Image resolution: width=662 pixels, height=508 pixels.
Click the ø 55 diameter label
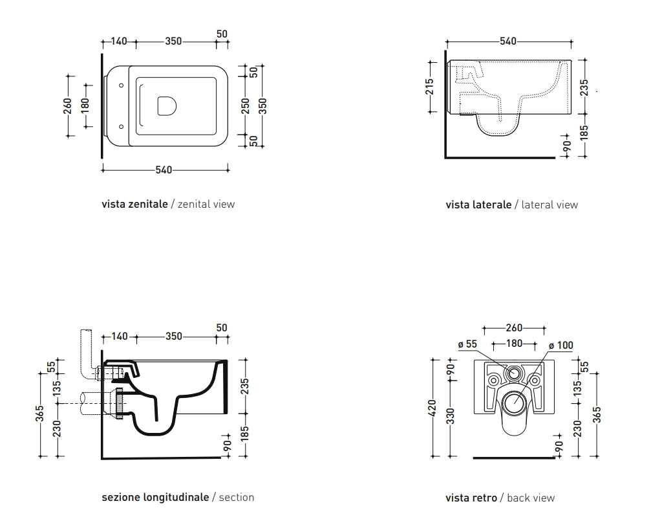click(x=467, y=344)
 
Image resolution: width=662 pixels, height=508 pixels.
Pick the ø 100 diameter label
click(x=561, y=346)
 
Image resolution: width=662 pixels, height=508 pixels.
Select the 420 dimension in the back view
click(x=432, y=408)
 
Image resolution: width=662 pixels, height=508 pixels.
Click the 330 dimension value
click(x=451, y=416)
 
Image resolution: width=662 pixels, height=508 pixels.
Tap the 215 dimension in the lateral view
click(x=429, y=87)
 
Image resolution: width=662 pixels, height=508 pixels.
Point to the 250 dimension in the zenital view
click(x=245, y=106)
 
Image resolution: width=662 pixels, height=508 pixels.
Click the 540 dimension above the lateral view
click(x=508, y=41)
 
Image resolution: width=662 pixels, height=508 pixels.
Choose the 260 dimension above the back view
click(x=514, y=327)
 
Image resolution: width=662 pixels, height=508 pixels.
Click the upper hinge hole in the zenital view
click(x=121, y=85)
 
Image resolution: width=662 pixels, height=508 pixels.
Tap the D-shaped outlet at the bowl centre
click(x=167, y=105)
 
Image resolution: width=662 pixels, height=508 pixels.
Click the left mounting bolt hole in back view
click(x=493, y=381)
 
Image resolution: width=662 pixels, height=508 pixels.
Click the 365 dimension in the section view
click(x=39, y=414)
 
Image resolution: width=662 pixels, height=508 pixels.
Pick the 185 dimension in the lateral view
click(x=584, y=132)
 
